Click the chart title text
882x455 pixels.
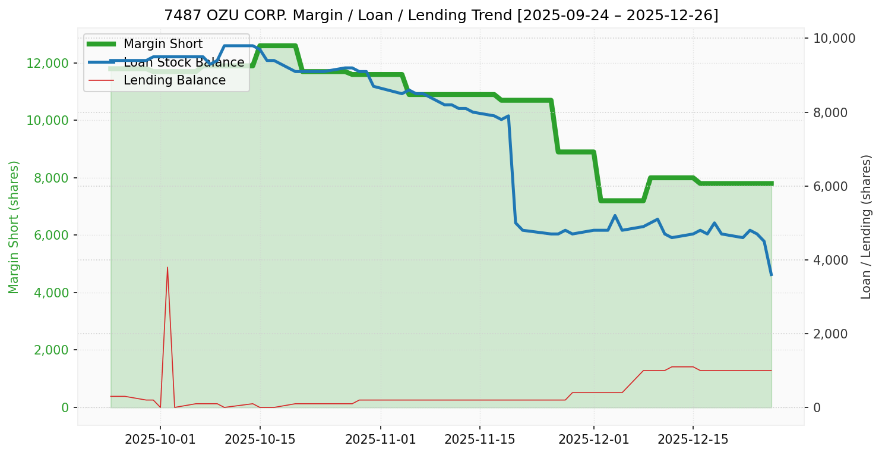coord(441,15)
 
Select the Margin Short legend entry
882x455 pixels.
coord(163,44)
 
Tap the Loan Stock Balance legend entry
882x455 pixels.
coord(184,62)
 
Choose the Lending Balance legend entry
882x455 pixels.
coord(174,80)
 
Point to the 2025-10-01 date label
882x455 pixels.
coord(160,440)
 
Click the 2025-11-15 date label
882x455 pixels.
coord(479,440)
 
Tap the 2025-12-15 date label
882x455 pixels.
coord(693,440)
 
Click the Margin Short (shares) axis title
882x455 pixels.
coord(14,227)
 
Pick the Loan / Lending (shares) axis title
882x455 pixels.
coord(866,227)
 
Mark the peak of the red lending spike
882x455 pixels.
coord(167,267)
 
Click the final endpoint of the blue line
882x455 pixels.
coord(771,275)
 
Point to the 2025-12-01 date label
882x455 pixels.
coord(593,440)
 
